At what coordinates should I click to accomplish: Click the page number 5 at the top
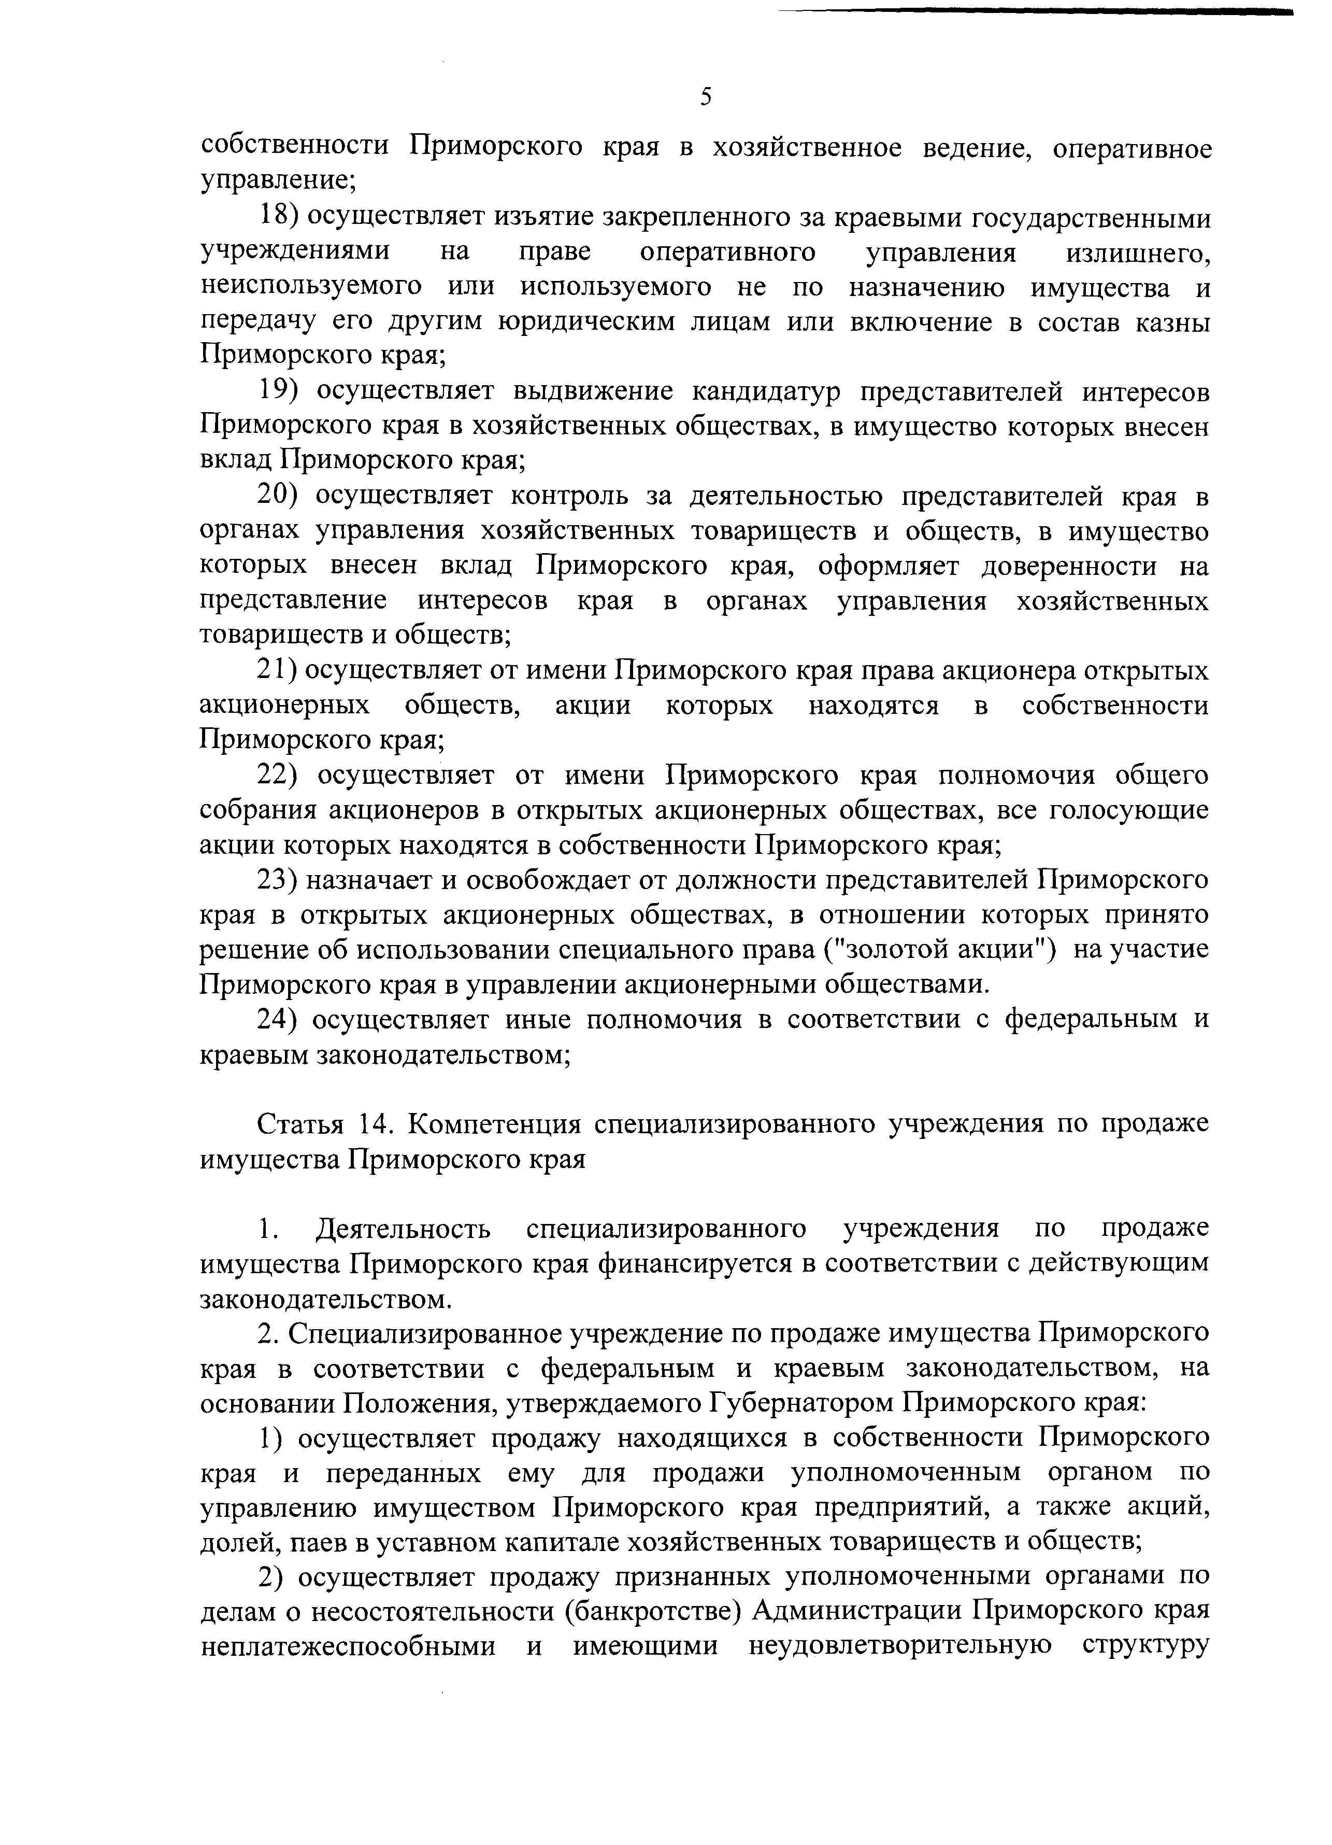click(705, 97)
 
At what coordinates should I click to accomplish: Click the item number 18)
click(279, 218)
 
